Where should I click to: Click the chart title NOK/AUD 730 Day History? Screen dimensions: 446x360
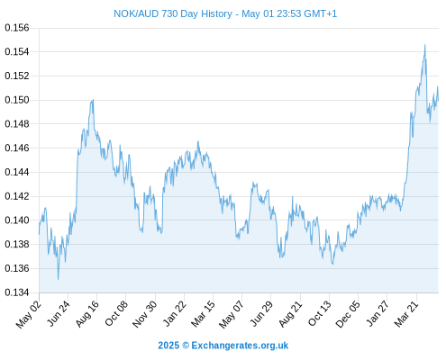pos(173,13)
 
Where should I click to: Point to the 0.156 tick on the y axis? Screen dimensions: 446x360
pos(17,28)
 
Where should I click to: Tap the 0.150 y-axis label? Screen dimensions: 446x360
pos(17,100)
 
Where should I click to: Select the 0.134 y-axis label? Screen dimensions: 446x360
pos(17,292)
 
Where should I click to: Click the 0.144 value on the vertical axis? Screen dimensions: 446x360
pos(17,172)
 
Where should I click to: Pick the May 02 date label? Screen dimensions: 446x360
pos(29,314)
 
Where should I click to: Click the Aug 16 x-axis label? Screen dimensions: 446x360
pos(87,314)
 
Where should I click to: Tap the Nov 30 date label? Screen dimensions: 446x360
pos(145,314)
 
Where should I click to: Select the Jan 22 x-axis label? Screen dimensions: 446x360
pos(175,314)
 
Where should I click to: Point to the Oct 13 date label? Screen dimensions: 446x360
pos(320,314)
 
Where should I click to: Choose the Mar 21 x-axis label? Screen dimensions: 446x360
pos(406,314)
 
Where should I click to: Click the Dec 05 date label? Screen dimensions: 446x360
pos(348,314)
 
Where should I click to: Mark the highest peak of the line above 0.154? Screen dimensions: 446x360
pos(424,45)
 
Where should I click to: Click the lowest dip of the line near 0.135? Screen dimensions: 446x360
pos(58,279)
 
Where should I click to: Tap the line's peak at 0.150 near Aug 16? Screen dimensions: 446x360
pos(93,100)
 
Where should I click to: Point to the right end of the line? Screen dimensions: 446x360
pos(438,101)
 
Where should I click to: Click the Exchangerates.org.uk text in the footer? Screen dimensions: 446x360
pos(240,346)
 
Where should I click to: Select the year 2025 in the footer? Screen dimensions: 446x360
pos(168,346)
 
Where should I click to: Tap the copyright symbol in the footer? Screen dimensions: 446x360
pos(186,346)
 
